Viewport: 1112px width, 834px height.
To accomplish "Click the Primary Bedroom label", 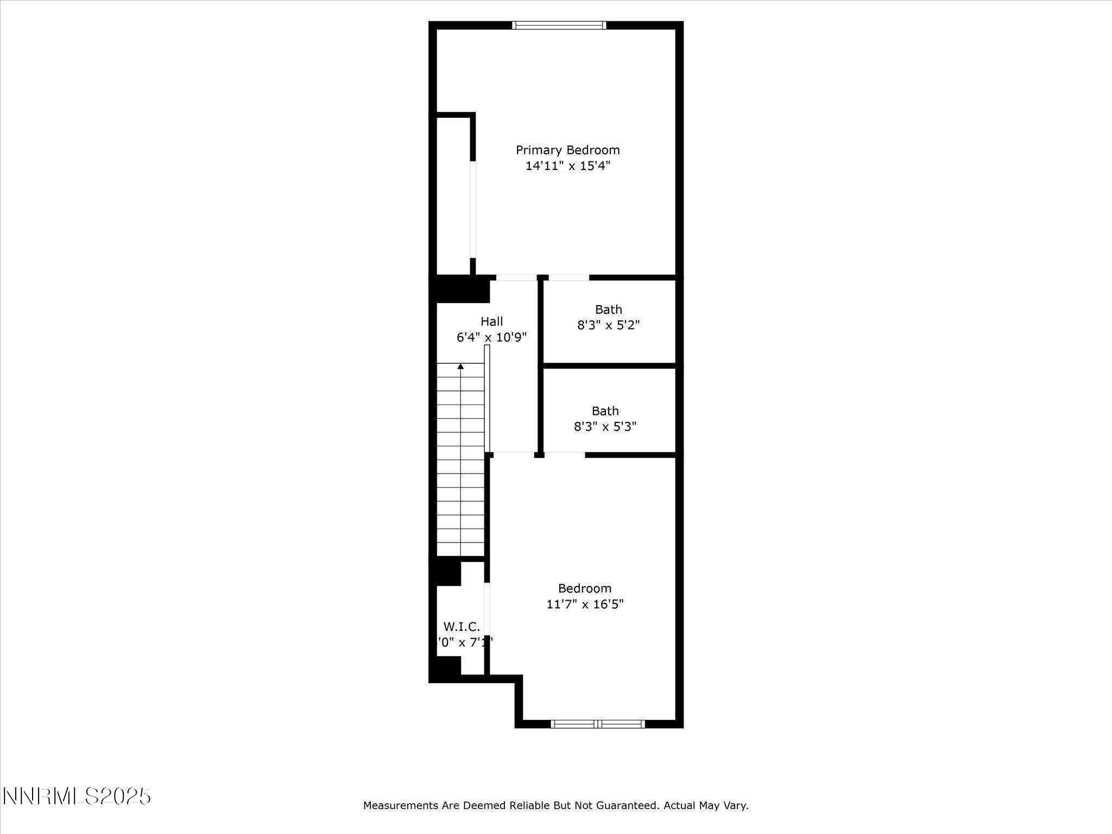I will point(567,150).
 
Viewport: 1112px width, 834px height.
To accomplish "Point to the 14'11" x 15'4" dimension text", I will point(567,166).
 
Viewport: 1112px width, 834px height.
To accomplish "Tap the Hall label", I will point(491,321).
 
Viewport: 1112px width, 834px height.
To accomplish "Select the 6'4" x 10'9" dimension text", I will point(491,338).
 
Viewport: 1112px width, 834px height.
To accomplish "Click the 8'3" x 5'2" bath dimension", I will point(608,325).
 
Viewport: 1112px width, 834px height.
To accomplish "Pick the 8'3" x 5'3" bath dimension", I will point(605,427).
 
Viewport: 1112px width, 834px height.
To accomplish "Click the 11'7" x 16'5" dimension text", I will point(585,604).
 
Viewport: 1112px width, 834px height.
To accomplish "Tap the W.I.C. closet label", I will point(462,627).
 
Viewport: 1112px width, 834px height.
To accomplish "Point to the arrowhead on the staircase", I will point(460,367).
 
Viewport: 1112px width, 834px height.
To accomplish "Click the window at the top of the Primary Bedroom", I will point(559,25).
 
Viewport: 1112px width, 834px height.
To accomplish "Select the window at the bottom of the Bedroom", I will point(597,723).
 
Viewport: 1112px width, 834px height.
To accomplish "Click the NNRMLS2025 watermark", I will point(77,797).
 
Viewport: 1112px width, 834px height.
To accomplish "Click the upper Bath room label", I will point(608,309).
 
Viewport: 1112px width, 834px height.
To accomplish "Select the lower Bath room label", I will point(605,411).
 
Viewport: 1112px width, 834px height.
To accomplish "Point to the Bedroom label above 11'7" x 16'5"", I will point(585,588).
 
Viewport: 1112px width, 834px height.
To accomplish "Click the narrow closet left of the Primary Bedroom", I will point(453,195).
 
